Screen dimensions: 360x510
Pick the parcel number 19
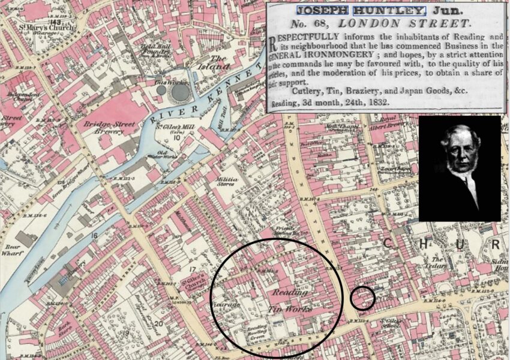click(127, 332)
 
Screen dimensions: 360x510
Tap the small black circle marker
click(362, 298)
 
